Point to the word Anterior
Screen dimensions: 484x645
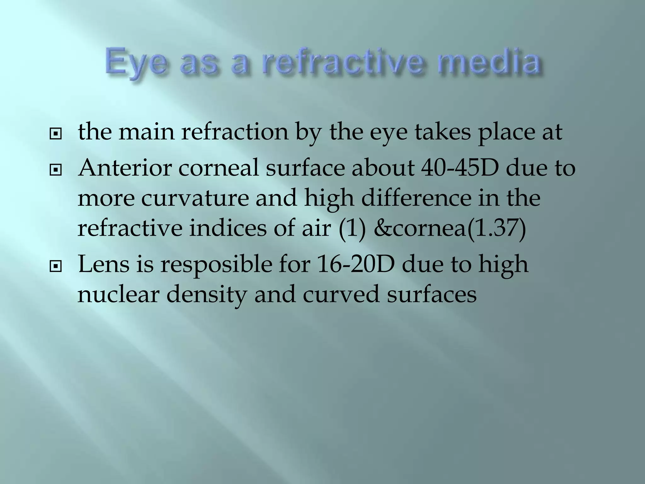pyautogui.click(x=125, y=168)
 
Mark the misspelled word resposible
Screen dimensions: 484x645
pyautogui.click(x=216, y=264)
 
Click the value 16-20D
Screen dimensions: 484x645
pyautogui.click(x=356, y=264)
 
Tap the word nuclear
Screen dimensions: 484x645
pyautogui.click(x=118, y=294)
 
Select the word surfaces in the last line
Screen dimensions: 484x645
pyautogui.click(x=431, y=294)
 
